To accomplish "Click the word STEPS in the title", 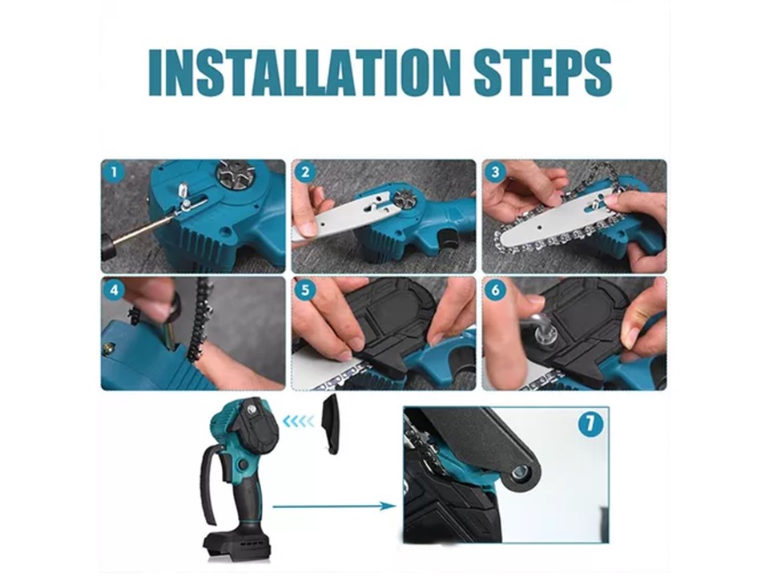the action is pyautogui.click(x=543, y=72).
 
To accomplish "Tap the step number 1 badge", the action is pyautogui.click(x=115, y=172).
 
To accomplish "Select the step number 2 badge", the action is pyautogui.click(x=305, y=172).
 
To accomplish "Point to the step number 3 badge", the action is pyautogui.click(x=495, y=172).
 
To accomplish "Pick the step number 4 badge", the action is pyautogui.click(x=115, y=289).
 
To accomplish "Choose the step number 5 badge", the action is pyautogui.click(x=305, y=289).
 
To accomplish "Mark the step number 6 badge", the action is pyautogui.click(x=495, y=289).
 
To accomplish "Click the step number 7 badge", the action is pyautogui.click(x=590, y=423).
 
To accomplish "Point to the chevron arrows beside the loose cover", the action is pyautogui.click(x=299, y=421).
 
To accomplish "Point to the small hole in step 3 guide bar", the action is pyautogui.click(x=538, y=227).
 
